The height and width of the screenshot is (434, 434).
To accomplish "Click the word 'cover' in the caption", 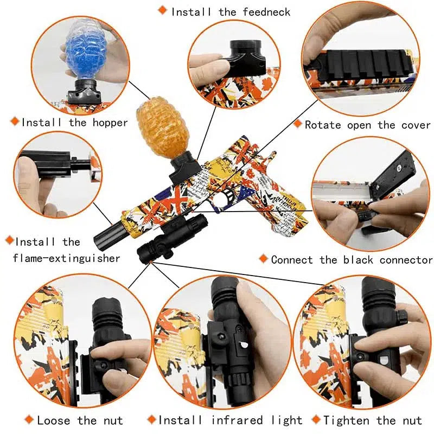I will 416,125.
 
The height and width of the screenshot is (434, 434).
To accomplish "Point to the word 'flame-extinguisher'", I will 66,258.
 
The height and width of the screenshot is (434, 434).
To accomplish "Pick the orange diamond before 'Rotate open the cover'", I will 297,124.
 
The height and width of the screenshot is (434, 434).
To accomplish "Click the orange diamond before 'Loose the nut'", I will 28,419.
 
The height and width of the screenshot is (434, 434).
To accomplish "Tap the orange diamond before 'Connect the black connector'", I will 264,259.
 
